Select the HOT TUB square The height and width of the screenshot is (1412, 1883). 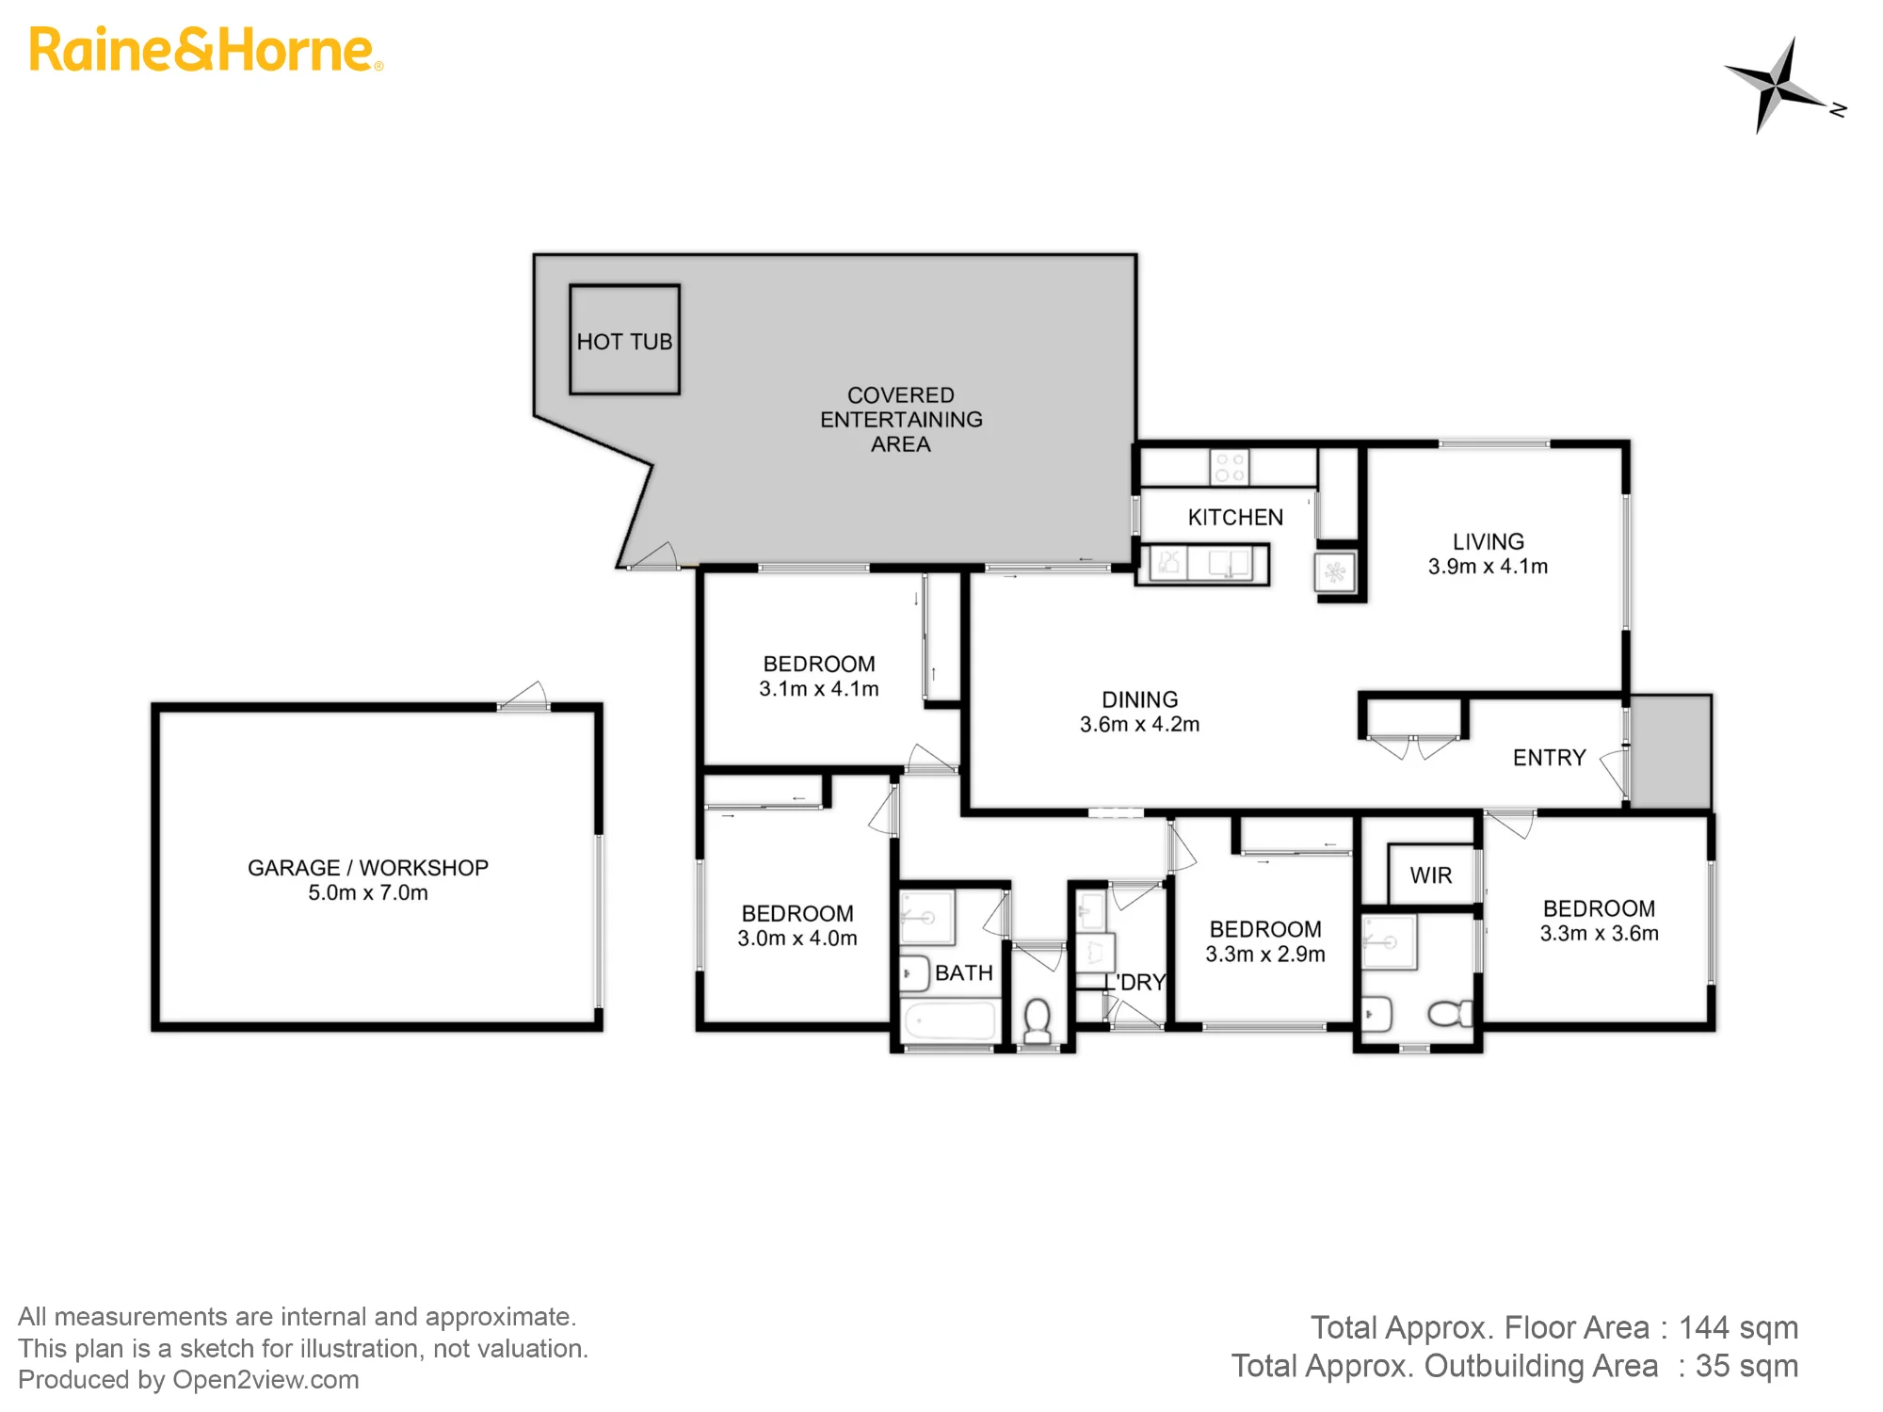[x=624, y=340]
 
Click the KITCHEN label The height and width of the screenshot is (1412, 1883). [x=1235, y=517]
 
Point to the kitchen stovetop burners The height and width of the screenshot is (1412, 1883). [x=1230, y=467]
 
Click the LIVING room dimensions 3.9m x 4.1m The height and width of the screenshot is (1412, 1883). [x=1488, y=566]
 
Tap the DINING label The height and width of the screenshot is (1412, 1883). [x=1140, y=699]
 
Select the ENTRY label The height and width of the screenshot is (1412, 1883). [x=1549, y=758]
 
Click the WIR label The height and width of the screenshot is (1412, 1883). [x=1431, y=875]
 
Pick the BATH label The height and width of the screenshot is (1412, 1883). [x=964, y=972]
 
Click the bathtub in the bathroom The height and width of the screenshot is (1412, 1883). [x=949, y=1022]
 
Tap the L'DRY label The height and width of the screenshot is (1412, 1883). [x=1135, y=982]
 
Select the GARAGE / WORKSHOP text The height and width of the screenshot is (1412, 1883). [x=368, y=868]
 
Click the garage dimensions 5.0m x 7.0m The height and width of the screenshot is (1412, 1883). [x=368, y=892]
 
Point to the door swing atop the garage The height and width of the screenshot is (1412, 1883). [x=523, y=696]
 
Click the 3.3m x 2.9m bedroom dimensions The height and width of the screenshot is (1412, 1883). [x=1265, y=954]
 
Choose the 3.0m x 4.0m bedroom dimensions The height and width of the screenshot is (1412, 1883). [x=797, y=938]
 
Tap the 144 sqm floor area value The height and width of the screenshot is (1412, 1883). [x=1739, y=1327]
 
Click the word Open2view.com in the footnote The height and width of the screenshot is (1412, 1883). [x=266, y=1380]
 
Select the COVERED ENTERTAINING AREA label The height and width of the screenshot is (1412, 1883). [x=901, y=420]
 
